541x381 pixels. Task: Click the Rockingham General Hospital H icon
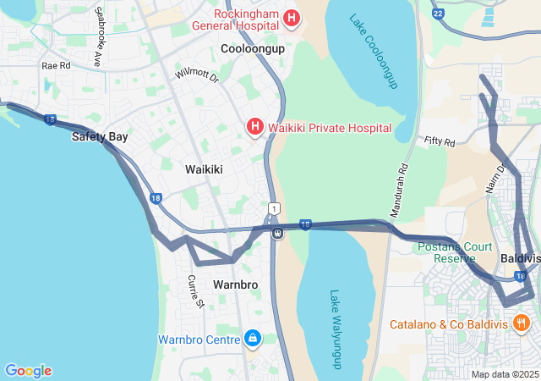(292, 18)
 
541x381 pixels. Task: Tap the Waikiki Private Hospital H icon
(254, 128)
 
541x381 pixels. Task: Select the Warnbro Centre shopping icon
(251, 340)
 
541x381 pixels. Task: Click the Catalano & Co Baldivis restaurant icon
(521, 323)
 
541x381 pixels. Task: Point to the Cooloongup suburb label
(253, 49)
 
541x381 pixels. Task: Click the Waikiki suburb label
(204, 169)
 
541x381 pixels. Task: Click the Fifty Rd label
(440, 141)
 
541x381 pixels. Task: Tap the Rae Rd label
(56, 65)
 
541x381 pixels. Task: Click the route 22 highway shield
(437, 14)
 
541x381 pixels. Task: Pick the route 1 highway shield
(273, 208)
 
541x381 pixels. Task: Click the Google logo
(28, 371)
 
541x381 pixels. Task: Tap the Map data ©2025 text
(505, 374)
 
